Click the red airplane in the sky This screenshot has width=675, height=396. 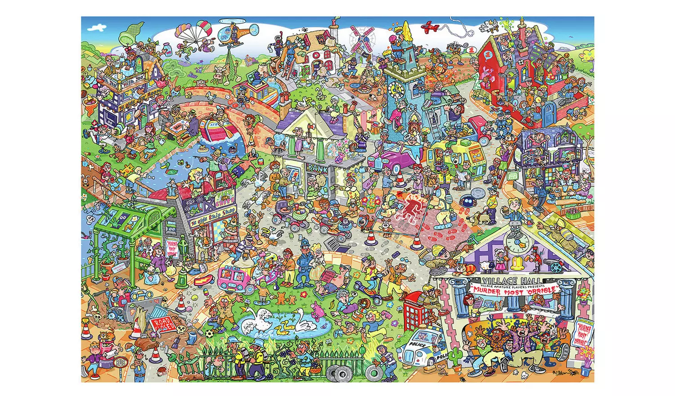click(430, 27)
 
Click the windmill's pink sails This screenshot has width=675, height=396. click(362, 38)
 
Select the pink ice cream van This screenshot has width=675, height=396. click(234, 279)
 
